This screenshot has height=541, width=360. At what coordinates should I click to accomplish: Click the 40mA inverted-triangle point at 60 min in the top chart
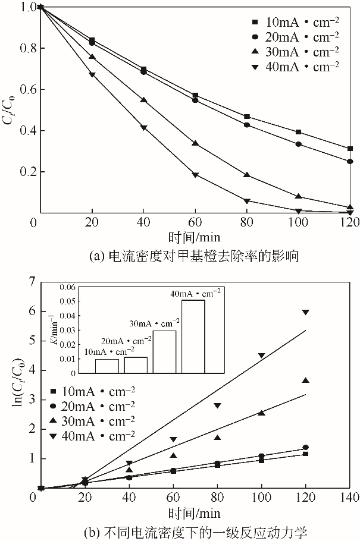[x=195, y=175]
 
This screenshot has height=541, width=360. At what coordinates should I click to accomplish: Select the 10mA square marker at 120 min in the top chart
[x=350, y=149]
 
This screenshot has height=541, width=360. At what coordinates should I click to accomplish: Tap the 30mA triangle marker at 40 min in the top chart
[x=143, y=100]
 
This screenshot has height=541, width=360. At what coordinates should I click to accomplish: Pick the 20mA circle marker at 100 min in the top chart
[x=299, y=144]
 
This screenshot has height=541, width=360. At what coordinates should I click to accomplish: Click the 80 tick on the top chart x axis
[x=247, y=222]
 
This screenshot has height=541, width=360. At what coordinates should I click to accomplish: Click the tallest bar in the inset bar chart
[x=193, y=336]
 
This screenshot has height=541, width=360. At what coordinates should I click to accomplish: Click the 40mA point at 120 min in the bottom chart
[x=306, y=312]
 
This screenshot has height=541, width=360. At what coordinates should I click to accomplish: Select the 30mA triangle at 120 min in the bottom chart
[x=306, y=380]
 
